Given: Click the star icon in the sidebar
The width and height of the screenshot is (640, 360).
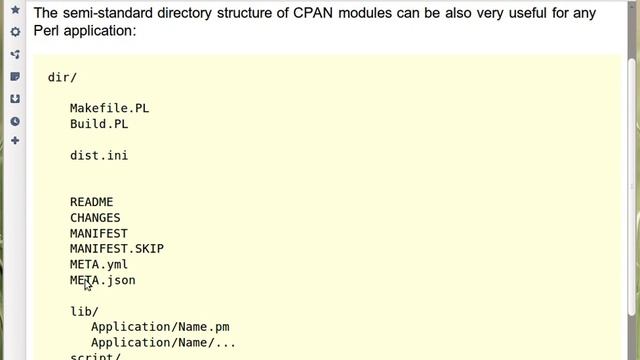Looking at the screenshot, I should (15, 10).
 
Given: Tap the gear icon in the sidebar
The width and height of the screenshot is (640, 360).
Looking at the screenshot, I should (15, 32).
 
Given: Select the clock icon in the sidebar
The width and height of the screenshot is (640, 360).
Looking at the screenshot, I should (15, 121).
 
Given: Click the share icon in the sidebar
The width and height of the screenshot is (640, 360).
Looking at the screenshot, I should (15, 54).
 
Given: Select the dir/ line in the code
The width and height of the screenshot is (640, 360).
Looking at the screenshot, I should (62, 77).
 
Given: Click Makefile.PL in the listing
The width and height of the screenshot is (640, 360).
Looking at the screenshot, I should (109, 108).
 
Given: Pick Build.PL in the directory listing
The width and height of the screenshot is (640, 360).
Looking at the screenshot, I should (98, 124).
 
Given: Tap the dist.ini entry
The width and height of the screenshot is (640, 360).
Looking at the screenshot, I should (98, 155).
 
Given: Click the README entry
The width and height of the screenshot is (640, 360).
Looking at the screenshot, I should (91, 202).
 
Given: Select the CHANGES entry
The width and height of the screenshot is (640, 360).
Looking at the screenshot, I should (94, 218).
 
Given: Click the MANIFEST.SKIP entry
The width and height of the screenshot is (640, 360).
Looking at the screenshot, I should (116, 249).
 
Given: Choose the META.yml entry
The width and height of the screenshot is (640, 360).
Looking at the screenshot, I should (98, 265).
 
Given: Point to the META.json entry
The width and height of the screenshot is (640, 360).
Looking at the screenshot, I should (102, 281).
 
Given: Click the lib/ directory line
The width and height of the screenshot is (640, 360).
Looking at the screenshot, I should (84, 312).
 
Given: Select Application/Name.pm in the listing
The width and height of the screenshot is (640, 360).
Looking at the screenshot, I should (160, 327).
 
